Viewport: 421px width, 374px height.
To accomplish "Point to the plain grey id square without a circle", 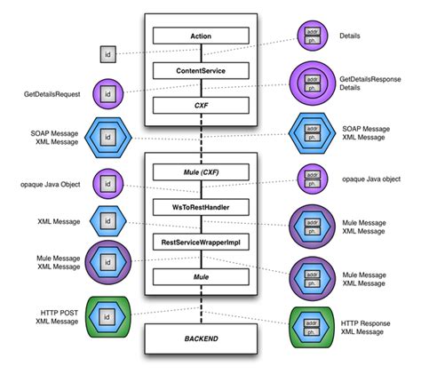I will (106, 54).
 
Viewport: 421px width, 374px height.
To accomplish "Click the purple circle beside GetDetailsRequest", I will (107, 92).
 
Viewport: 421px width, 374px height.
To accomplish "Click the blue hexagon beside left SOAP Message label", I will (107, 137).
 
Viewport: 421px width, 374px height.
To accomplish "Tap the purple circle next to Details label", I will (312, 36).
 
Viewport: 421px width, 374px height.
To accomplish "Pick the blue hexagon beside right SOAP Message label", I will (312, 137).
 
